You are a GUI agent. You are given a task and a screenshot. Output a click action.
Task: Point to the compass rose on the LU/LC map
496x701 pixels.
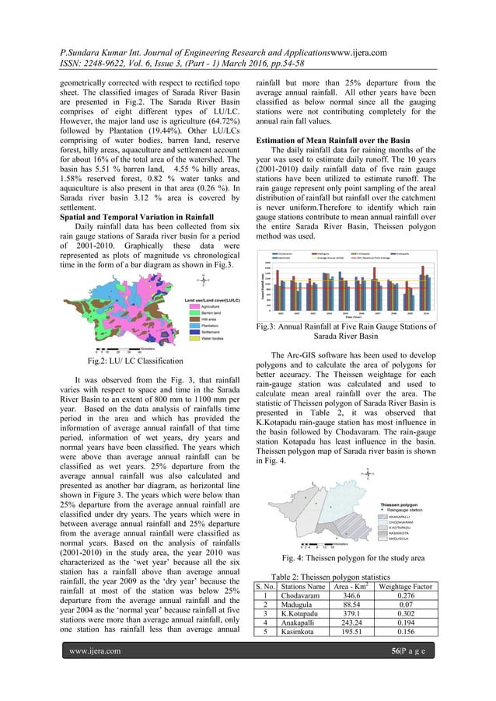click(x=204, y=280)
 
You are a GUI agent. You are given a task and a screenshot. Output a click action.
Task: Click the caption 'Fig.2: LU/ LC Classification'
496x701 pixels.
click(x=135, y=361)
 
